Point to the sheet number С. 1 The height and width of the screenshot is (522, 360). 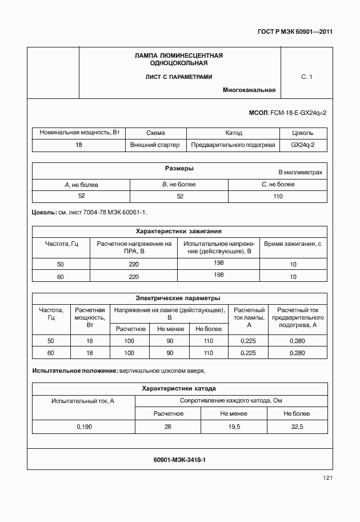pos(306,77)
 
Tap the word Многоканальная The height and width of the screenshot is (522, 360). pos(249,90)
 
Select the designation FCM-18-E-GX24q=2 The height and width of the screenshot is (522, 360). pos(298,113)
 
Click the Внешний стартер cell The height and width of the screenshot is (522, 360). pos(155,145)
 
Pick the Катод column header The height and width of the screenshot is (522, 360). pos(234,133)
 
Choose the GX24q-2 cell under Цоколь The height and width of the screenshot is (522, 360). pos(302,145)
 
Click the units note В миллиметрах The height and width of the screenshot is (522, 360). pos(300,172)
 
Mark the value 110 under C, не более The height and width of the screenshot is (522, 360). pos(278,196)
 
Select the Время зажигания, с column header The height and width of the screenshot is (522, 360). pos(293,244)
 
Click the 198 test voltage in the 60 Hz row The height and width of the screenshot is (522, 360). pos(218,275)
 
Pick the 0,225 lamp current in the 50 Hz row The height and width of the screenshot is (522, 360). pos(249,341)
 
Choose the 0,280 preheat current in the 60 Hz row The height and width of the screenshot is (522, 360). pos(298,353)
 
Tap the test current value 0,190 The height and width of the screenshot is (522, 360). pos(83,427)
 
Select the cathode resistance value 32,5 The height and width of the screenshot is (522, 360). pos(296,427)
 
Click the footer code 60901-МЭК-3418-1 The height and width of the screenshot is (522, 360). pos(179,459)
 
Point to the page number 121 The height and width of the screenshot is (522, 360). pos(327,478)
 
